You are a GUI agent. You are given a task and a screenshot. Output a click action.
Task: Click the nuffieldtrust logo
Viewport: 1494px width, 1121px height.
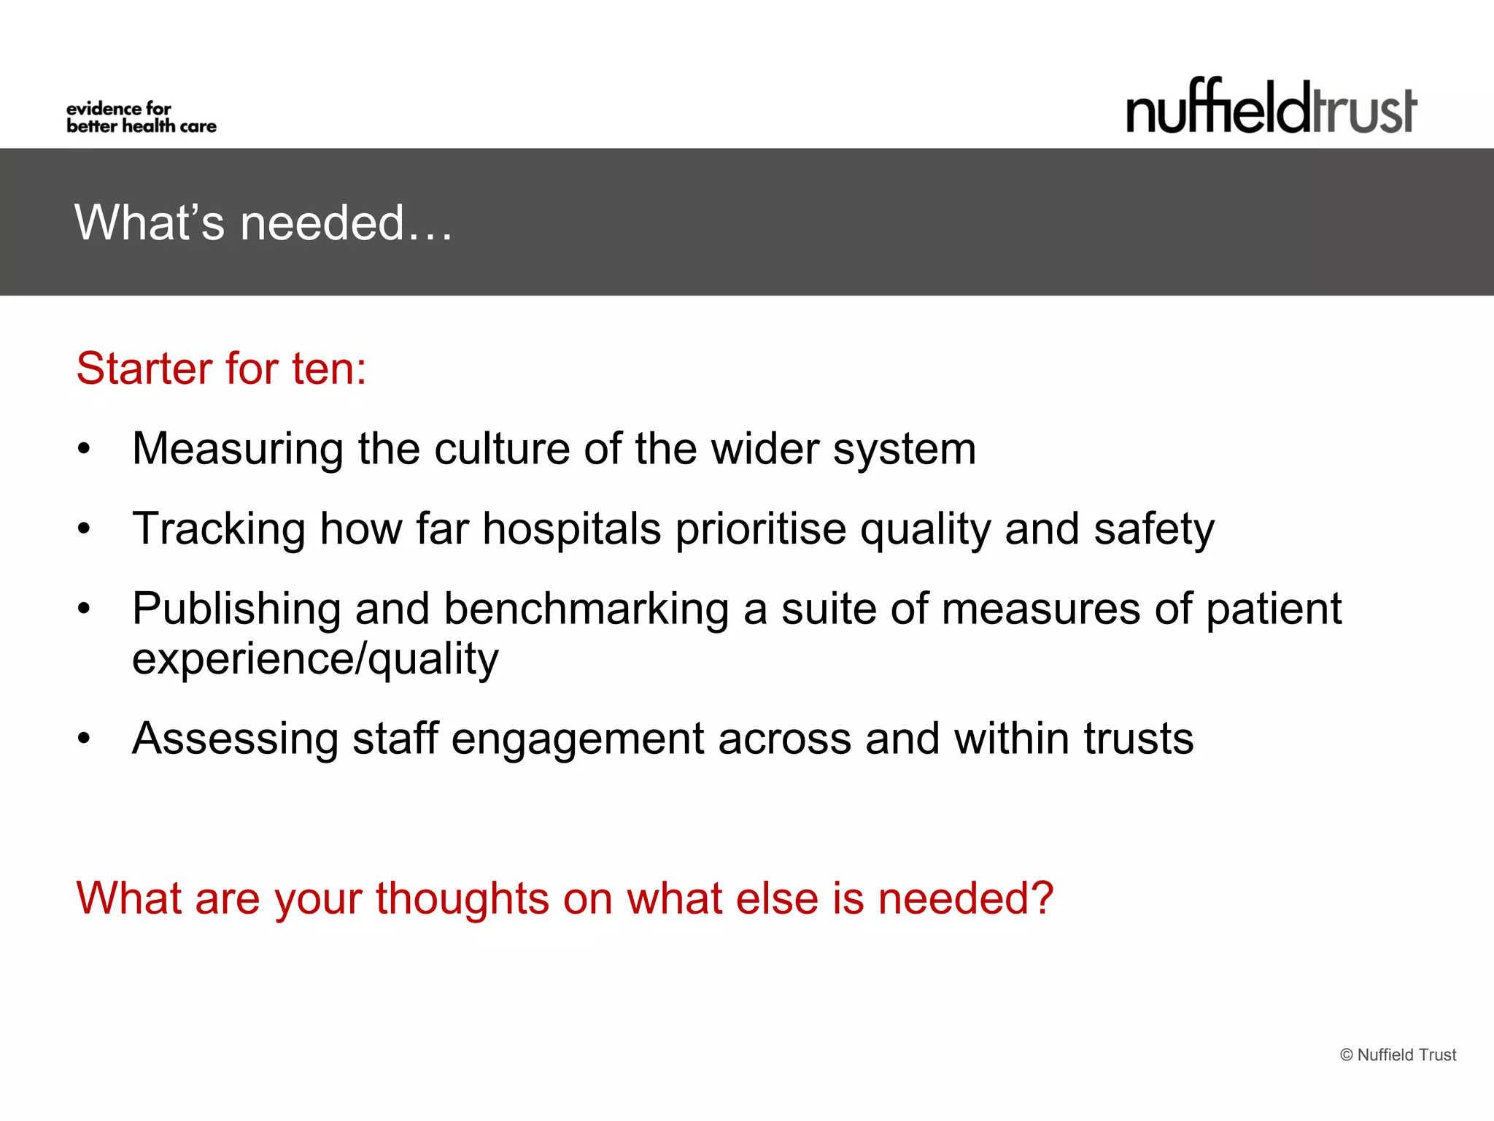click(1271, 108)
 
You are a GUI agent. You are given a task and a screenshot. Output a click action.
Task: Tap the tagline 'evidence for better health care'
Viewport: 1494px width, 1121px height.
click(141, 118)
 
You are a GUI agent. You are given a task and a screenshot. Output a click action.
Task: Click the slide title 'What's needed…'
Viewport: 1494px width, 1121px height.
click(263, 223)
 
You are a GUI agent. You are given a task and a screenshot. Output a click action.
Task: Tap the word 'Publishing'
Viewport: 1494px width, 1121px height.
click(236, 609)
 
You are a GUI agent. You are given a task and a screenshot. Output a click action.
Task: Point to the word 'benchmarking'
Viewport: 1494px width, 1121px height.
click(586, 609)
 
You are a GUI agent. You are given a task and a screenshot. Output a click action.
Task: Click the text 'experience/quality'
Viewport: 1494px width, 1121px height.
click(315, 660)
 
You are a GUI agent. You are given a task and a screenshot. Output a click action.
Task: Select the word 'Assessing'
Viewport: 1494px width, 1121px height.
click(235, 739)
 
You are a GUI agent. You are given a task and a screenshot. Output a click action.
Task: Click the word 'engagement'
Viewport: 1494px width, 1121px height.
click(578, 740)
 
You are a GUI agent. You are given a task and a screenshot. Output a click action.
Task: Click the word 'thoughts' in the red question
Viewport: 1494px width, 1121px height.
click(462, 898)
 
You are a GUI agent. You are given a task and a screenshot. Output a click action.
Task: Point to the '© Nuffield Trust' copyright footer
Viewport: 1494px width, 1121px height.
click(1398, 1055)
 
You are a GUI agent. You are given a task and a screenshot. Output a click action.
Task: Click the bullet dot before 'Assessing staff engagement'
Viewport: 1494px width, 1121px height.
click(85, 739)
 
